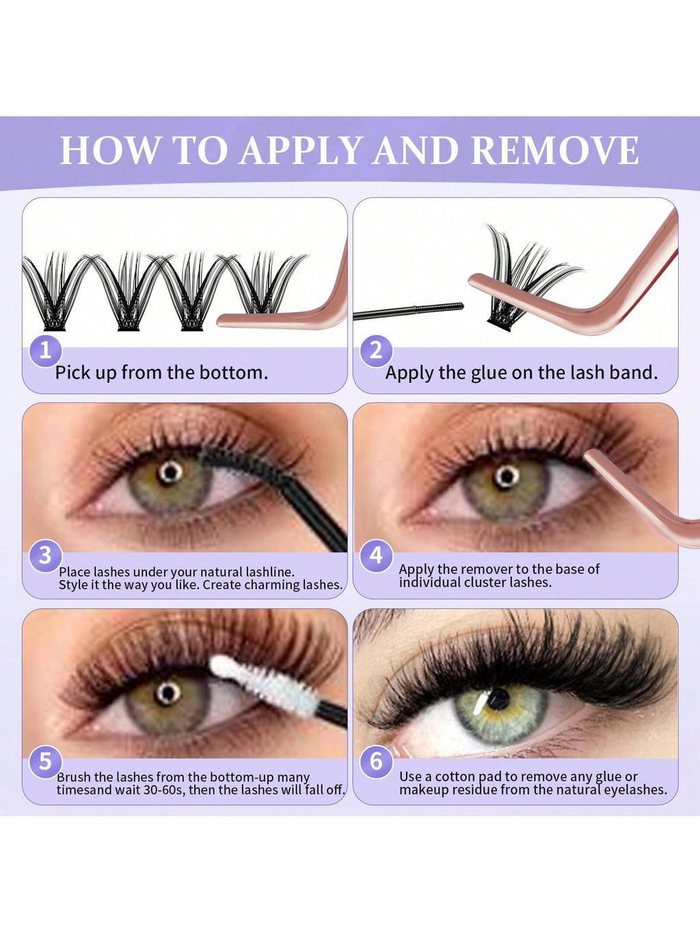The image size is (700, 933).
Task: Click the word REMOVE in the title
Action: pyautogui.click(x=555, y=151)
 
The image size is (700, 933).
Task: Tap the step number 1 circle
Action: pyautogui.click(x=45, y=351)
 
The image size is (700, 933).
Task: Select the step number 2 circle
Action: pyautogui.click(x=376, y=351)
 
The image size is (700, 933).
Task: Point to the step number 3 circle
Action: pyautogui.click(x=45, y=555)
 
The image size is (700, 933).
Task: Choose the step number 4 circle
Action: pyautogui.click(x=376, y=555)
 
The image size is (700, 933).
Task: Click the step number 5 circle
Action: pyautogui.click(x=45, y=761)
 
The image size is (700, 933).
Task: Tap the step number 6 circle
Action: pyautogui.click(x=376, y=761)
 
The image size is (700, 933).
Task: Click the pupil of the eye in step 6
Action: pyautogui.click(x=498, y=699)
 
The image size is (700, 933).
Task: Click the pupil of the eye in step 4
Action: pyautogui.click(x=506, y=476)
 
